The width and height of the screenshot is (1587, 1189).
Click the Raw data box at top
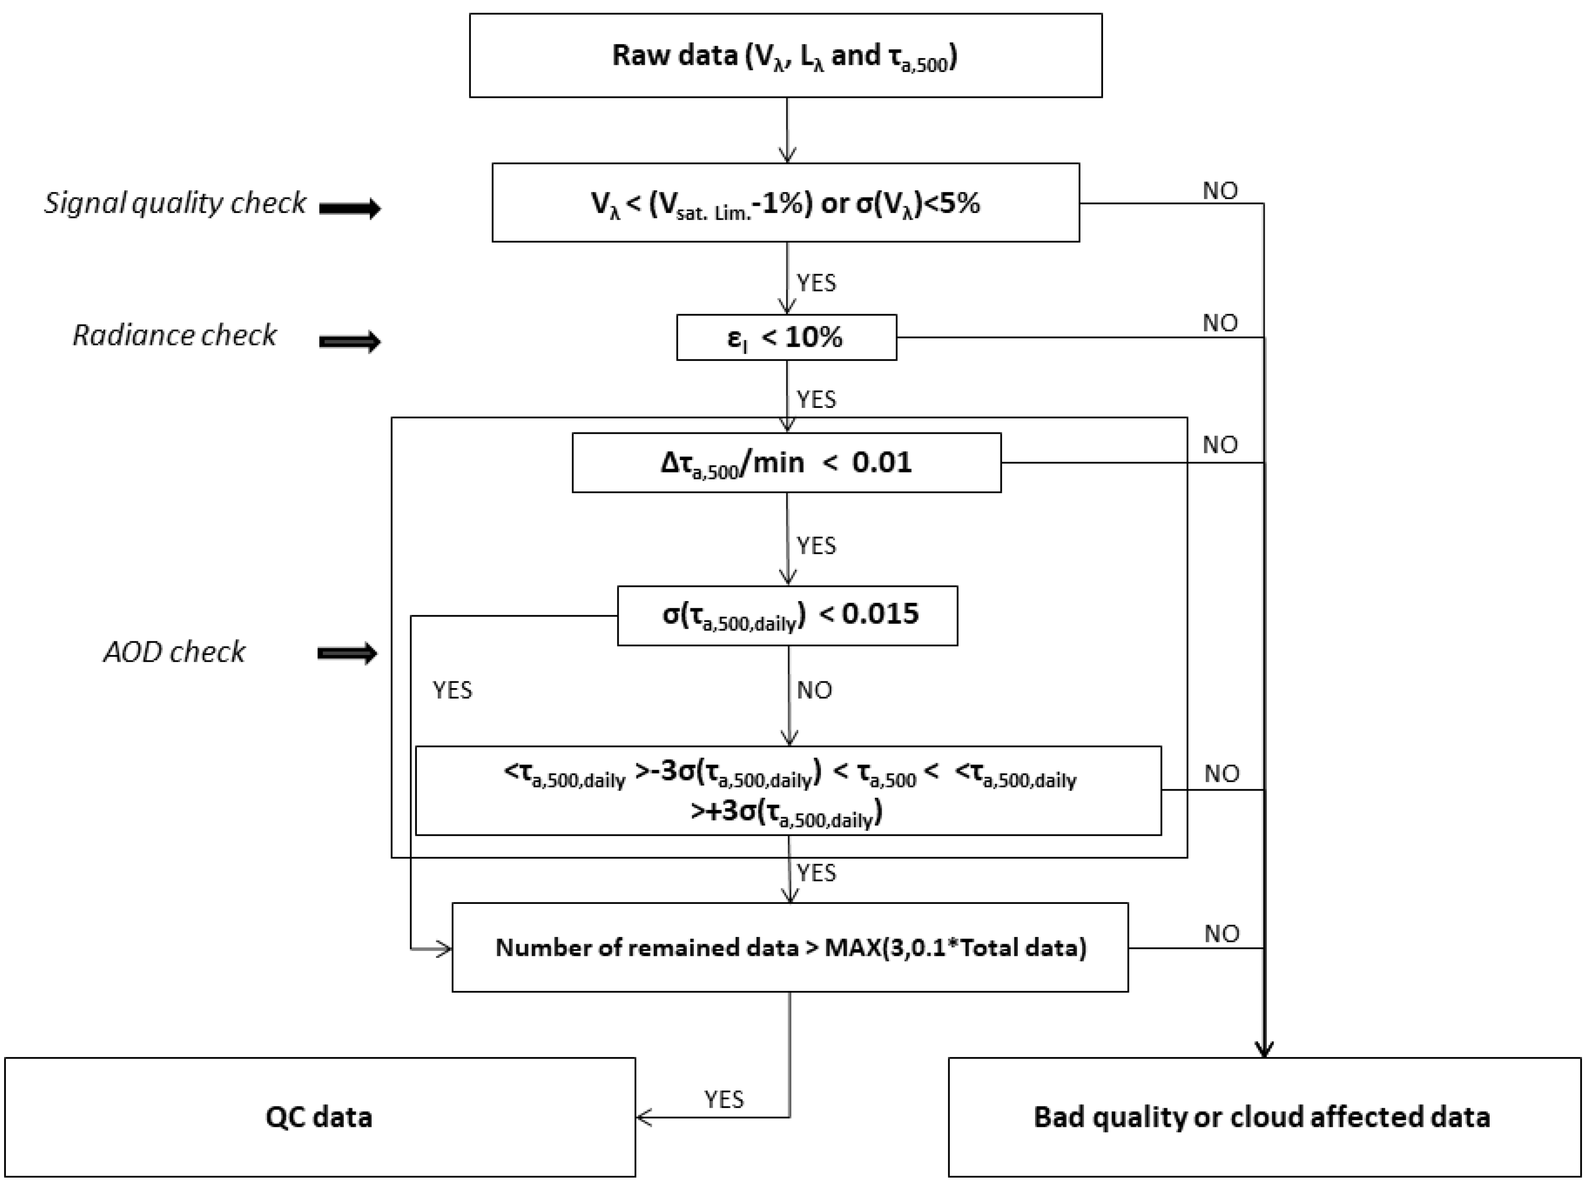(x=786, y=55)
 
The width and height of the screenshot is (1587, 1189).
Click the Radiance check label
(x=174, y=335)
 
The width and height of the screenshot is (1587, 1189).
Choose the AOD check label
(x=174, y=652)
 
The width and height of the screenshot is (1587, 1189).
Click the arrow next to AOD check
(x=348, y=653)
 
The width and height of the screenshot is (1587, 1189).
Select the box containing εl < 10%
(x=786, y=337)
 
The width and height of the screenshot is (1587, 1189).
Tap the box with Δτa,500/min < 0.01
(x=786, y=462)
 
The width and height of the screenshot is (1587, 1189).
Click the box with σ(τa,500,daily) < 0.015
(x=787, y=615)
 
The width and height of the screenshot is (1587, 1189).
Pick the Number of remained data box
(x=790, y=947)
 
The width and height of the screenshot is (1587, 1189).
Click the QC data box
(x=320, y=1116)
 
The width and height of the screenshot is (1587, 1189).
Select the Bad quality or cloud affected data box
(x=1264, y=1116)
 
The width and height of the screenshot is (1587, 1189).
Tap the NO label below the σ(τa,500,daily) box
(x=814, y=690)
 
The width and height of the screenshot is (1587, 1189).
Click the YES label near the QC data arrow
(x=724, y=1099)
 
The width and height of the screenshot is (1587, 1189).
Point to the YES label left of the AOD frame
(x=452, y=690)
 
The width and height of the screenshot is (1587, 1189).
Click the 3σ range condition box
(x=788, y=791)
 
